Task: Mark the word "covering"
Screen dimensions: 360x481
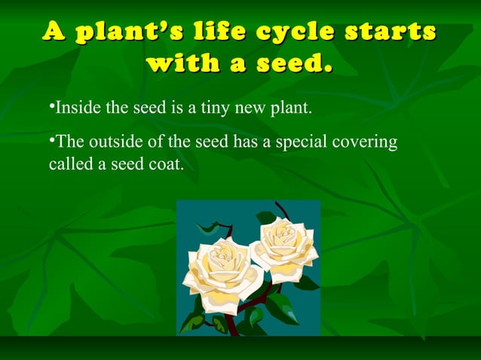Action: [367, 142]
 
